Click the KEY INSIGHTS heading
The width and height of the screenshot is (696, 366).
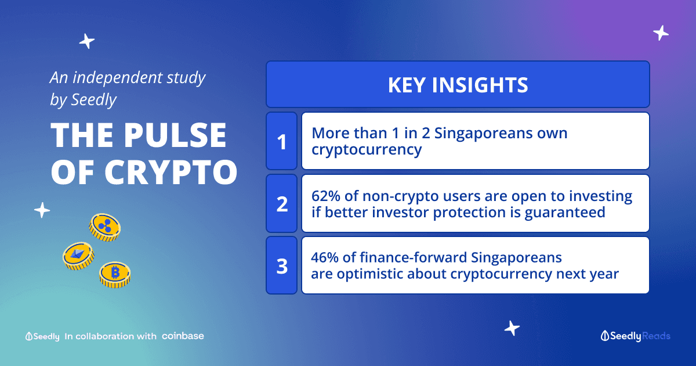coord(458,85)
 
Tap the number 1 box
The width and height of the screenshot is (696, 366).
coord(281,141)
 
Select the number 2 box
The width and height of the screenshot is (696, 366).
coord(281,203)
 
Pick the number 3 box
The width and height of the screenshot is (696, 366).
coord(281,265)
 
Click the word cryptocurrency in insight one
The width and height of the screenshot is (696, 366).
coord(367,150)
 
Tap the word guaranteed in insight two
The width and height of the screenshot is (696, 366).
coord(565,213)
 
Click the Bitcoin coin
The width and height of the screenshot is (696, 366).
coord(115,275)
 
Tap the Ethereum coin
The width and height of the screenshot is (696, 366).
coord(79,256)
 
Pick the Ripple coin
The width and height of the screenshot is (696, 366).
coord(105,227)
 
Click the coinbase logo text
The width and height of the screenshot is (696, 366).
coord(183,336)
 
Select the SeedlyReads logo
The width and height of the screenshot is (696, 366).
coord(636,336)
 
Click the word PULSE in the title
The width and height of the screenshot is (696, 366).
coord(175,135)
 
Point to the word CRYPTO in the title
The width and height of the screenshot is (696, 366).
coord(171,172)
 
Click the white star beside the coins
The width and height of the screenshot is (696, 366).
coord(42,210)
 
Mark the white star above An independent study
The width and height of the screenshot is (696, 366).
coord(86,41)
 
